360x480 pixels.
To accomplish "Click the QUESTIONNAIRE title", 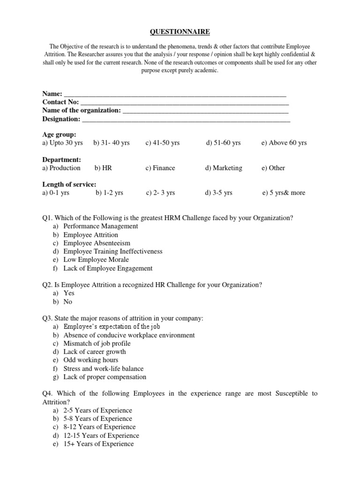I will point(180,32).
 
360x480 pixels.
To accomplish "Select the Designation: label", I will point(61,119).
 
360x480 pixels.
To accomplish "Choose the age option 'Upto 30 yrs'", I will point(62,142).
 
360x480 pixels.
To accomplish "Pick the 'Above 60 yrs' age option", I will point(284,142).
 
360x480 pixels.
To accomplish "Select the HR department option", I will point(103,168).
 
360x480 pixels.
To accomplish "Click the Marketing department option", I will point(224,168).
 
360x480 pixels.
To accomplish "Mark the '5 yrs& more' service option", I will point(284,193).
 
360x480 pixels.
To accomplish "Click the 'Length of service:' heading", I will point(69,185).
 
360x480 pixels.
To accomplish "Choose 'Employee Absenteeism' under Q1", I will point(97,243).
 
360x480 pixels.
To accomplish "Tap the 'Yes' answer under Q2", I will point(69,293).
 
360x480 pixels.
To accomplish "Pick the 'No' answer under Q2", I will point(68,301).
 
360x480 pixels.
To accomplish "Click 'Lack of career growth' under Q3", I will point(95,352).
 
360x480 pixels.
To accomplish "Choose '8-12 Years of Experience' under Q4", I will point(99,427).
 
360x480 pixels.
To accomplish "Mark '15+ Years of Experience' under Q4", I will point(98,444).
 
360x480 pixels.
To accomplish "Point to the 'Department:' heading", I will point(62,159).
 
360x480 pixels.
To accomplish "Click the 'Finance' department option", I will point(160,168).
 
